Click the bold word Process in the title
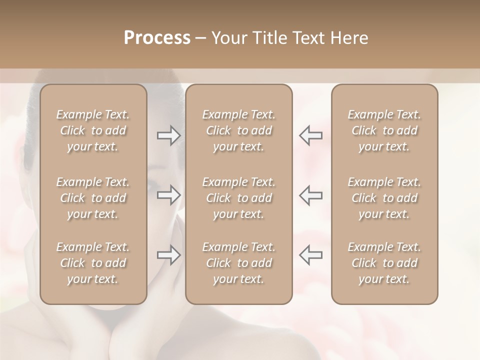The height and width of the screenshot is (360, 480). pos(157,38)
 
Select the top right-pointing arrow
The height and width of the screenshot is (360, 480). pos(169,135)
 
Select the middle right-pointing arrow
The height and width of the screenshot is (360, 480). pos(169,195)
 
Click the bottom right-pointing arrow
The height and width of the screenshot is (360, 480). pos(169,255)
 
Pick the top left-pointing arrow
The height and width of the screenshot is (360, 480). pos(311,135)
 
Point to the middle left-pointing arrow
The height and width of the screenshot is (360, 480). pos(311,195)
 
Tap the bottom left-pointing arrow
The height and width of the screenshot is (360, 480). pos(311,255)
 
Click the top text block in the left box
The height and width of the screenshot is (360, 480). pos(93,130)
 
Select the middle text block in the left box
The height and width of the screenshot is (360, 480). pos(93,198)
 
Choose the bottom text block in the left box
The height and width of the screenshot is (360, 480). pos(93,263)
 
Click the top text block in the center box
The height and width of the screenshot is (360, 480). pos(239,130)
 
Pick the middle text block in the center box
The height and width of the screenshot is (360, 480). pos(239,198)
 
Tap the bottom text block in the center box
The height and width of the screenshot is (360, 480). pos(239,263)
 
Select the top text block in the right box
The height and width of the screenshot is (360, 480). pos(384,130)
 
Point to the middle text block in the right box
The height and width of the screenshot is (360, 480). pos(384,198)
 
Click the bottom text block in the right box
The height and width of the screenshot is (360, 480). pos(384,263)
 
